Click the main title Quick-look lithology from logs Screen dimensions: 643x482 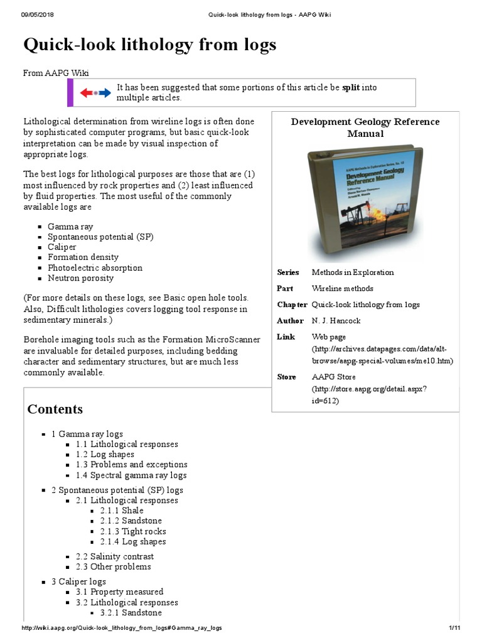[x=149, y=45]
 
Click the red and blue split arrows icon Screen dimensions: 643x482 [x=95, y=93]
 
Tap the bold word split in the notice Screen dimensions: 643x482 [x=351, y=88]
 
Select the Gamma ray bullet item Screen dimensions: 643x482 [x=70, y=227]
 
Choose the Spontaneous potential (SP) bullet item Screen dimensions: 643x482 [x=100, y=237]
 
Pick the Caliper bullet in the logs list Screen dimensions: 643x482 [x=62, y=247]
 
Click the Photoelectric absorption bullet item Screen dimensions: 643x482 [x=95, y=267]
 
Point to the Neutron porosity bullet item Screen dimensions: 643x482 [x=81, y=278]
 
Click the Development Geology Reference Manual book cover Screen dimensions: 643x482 [x=365, y=202]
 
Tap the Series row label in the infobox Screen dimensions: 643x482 [x=288, y=273]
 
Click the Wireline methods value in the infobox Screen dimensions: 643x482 [x=342, y=289]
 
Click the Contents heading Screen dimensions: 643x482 [x=55, y=409]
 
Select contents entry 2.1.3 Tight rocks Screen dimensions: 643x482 [x=132, y=531]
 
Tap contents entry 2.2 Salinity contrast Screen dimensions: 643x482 [x=114, y=556]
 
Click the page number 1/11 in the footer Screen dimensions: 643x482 [x=454, y=628]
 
